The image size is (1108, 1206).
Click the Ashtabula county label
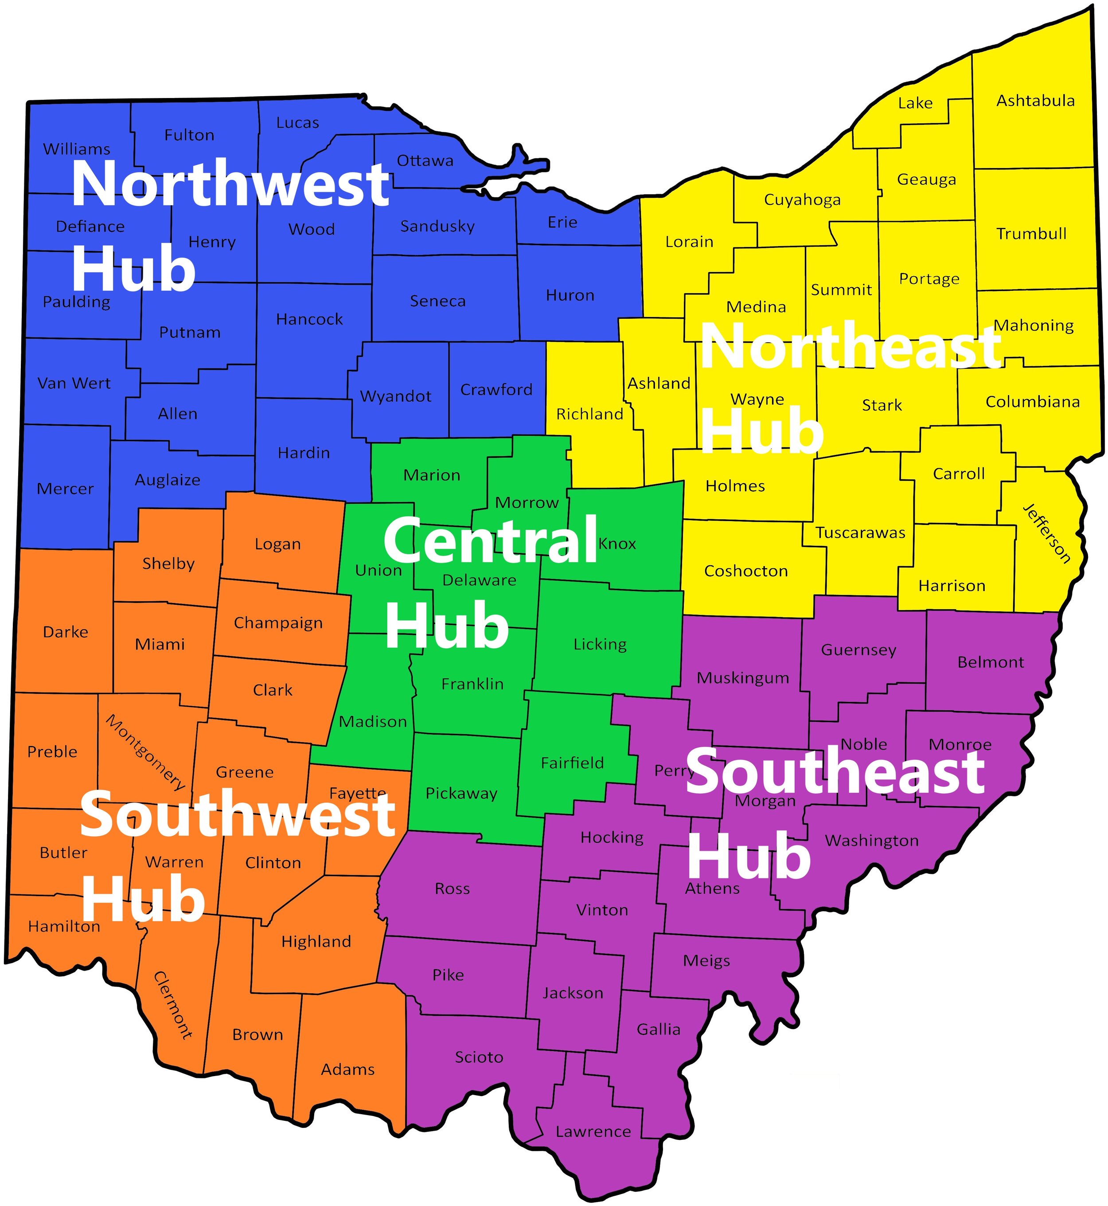(x=1035, y=101)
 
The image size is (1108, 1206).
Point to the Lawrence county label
(x=593, y=1132)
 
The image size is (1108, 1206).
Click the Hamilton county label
(x=64, y=927)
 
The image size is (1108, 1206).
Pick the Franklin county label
(x=472, y=684)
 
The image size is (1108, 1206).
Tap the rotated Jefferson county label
(x=1047, y=534)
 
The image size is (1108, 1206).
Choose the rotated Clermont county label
(x=173, y=1005)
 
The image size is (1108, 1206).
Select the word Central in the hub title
(x=491, y=540)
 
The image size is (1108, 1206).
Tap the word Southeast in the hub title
(x=835, y=772)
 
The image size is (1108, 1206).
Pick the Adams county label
(x=348, y=1069)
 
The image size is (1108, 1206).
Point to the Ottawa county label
(x=425, y=161)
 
